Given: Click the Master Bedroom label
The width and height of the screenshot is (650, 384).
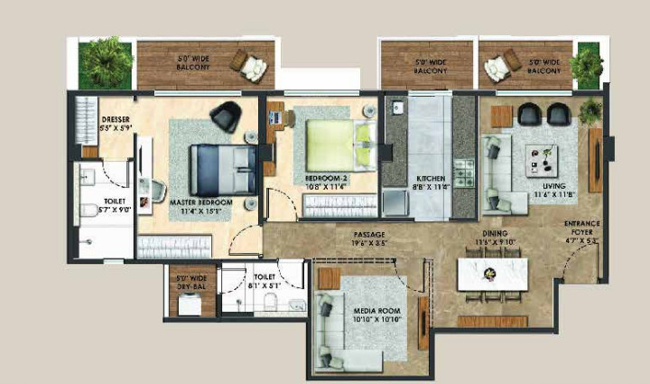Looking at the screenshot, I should point(201,207).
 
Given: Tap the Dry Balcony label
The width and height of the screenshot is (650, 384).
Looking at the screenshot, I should point(191,281).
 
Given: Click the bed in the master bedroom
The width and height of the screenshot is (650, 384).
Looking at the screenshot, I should point(221,168).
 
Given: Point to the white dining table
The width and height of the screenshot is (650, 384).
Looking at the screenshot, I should point(491,275).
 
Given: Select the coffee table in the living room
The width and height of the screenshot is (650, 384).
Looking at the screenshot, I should point(546,161).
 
